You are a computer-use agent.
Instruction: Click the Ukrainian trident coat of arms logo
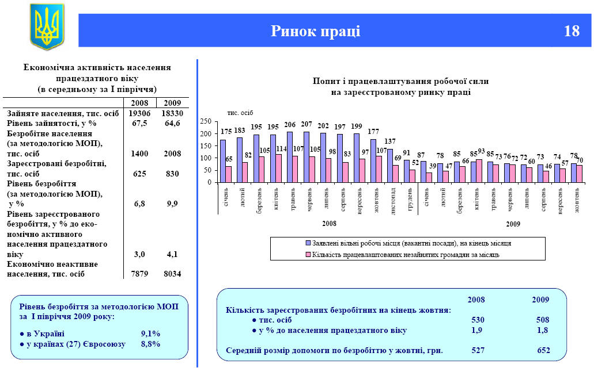47,26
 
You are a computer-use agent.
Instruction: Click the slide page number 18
572,31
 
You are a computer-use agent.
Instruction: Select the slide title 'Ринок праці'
316,31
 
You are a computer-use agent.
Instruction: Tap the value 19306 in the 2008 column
139,114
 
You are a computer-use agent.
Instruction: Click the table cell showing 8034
171,274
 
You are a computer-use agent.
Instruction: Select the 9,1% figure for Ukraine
150,333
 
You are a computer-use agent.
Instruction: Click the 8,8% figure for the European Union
150,344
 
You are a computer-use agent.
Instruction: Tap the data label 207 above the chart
307,124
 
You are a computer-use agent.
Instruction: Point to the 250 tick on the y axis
206,122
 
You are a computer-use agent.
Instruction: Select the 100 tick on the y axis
206,158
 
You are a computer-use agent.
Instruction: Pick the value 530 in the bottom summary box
478,320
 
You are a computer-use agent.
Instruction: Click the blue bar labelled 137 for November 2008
389,166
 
